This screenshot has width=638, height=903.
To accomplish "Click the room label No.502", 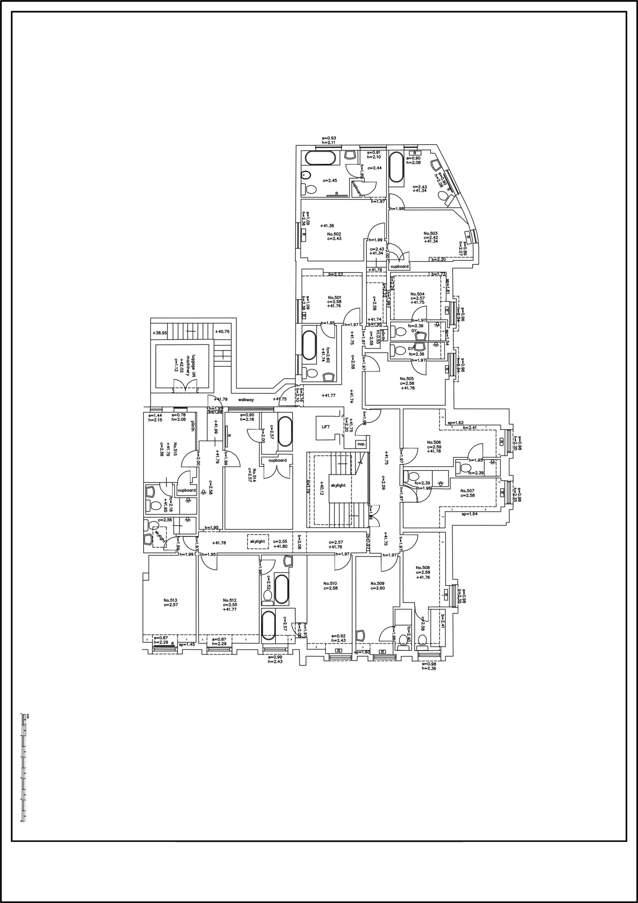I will (334, 234).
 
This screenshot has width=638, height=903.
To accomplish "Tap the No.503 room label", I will (430, 233).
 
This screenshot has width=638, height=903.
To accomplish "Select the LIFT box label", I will (326, 427).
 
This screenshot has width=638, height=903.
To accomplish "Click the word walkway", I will (246, 400).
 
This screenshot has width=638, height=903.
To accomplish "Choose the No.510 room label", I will (330, 583).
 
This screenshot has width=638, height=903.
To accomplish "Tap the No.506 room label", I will (434, 442).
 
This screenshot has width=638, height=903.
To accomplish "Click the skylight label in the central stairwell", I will (338, 485).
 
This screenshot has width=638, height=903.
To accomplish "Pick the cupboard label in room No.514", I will (277, 460).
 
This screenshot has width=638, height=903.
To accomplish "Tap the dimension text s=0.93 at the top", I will (329, 138).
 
